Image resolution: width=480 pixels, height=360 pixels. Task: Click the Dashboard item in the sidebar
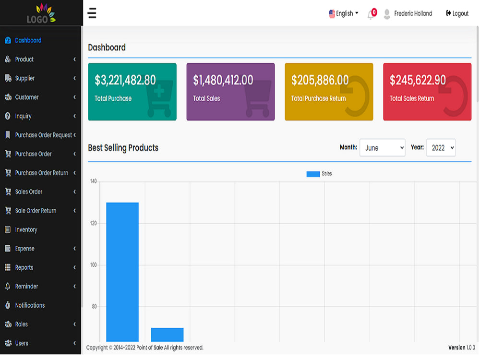[23, 40]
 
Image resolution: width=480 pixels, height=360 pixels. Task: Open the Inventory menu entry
[21, 229]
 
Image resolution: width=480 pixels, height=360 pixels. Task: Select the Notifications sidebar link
[25, 305]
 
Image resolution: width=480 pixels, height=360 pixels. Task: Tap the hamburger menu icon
[92, 13]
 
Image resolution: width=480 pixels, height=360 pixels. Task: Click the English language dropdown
[344, 13]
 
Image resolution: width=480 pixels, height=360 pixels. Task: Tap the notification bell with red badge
[372, 14]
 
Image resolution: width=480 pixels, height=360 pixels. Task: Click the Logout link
[457, 13]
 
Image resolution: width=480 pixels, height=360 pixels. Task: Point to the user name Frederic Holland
[413, 13]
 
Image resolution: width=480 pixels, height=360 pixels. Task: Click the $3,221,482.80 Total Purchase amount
[125, 80]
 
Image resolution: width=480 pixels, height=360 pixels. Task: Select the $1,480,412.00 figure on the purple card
[223, 80]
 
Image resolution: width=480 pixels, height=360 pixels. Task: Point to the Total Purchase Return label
[318, 98]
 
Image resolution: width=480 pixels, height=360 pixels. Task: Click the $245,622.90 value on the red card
[418, 80]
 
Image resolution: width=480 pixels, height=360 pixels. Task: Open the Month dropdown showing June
[383, 147]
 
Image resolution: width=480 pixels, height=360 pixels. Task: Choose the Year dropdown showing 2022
[441, 147]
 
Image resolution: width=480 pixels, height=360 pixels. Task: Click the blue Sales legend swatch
[313, 174]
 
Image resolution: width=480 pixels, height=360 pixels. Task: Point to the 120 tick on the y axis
[94, 223]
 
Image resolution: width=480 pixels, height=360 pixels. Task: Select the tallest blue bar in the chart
[122, 272]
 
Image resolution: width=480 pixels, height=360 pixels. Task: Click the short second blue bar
[168, 335]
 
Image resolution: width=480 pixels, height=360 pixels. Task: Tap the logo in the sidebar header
[41, 13]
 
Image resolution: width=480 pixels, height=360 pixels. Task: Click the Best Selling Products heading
[123, 148]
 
